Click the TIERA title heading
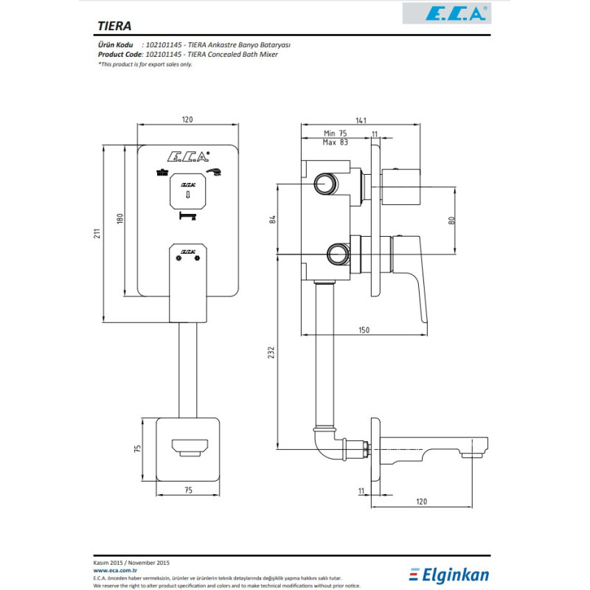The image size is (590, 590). (x=114, y=25)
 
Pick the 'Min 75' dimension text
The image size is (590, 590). (x=335, y=133)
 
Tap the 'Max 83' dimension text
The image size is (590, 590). (x=335, y=142)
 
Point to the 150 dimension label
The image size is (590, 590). (x=364, y=330)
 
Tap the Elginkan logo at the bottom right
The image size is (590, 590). (x=450, y=574)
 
